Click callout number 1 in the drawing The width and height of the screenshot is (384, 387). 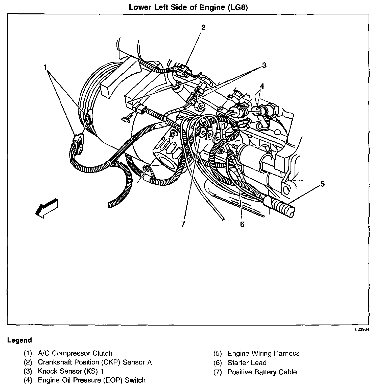tap(45, 67)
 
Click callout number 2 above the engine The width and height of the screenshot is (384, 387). tap(203, 27)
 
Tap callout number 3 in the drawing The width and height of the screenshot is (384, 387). tap(264, 65)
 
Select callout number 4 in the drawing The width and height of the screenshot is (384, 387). tap(262, 86)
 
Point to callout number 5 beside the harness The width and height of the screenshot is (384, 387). tap(322, 184)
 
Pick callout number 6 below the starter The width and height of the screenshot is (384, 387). tap(242, 224)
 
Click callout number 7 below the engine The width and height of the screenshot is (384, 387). tap(183, 224)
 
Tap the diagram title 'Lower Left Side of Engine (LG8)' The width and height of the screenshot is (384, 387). tap(188, 7)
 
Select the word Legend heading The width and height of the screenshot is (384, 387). tap(19, 340)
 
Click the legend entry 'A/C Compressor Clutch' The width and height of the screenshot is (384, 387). tap(75, 353)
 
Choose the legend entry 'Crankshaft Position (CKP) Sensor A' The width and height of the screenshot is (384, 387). tap(95, 362)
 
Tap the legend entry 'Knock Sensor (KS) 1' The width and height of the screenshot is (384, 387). tap(70, 371)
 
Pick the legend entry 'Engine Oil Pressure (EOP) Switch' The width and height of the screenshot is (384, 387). tap(91, 380)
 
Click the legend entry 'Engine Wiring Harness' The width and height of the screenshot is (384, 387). tap(263, 353)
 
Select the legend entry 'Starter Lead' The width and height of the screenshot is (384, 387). tap(247, 363)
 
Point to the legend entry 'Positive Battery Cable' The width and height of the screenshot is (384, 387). tap(262, 372)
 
